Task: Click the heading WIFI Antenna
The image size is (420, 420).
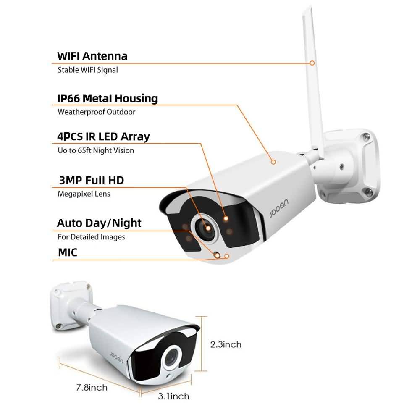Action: point(92,56)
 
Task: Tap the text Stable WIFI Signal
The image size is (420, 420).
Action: point(88,70)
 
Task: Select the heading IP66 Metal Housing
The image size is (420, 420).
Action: point(108,98)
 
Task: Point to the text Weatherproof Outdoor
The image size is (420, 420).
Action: point(97,112)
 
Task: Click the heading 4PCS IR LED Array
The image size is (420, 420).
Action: point(103,136)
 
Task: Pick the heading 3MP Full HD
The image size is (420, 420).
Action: point(91,180)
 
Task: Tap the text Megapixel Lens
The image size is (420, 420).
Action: point(84,194)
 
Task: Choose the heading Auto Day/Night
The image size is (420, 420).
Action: point(99,223)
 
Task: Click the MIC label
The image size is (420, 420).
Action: point(68,252)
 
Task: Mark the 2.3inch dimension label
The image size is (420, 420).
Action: point(226,344)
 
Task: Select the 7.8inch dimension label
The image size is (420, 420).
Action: point(92,387)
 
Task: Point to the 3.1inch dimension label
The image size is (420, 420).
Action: point(173,396)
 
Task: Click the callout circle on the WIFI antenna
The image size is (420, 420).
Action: point(312,63)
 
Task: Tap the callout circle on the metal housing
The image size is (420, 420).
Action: point(273,162)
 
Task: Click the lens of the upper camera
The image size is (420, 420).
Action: point(206,228)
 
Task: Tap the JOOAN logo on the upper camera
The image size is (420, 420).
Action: point(279,207)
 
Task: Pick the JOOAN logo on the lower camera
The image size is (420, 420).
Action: point(117,357)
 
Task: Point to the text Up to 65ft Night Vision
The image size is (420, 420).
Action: point(96,150)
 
